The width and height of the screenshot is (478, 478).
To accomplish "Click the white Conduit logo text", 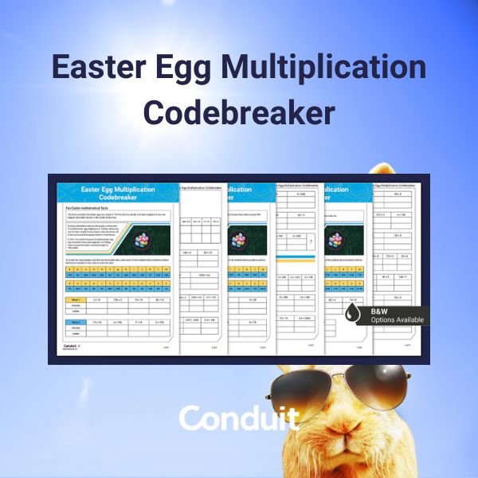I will [239, 418].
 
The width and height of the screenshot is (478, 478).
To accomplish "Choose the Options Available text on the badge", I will [398, 319].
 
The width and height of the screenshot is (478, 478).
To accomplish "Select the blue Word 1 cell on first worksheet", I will [76, 299].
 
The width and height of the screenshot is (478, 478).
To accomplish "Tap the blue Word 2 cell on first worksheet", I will [76, 321].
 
